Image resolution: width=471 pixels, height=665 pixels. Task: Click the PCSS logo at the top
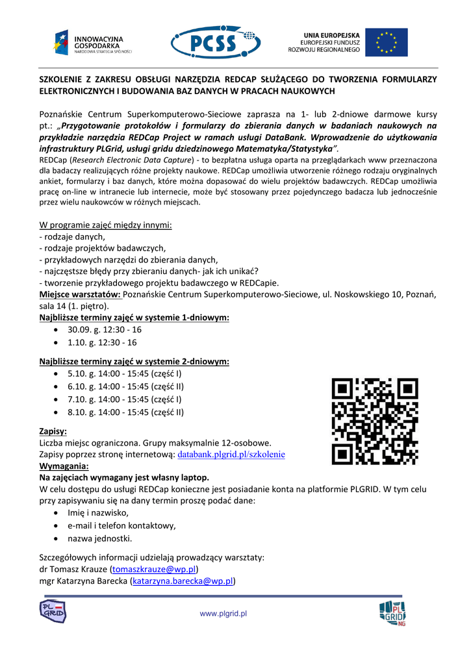click(x=216, y=42)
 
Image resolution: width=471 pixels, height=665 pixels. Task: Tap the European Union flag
click(x=386, y=42)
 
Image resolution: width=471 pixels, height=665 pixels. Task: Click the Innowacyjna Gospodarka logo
click(x=92, y=43)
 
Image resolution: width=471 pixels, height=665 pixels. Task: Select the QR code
click(x=374, y=422)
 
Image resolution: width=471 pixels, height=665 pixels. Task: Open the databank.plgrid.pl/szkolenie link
click(x=231, y=455)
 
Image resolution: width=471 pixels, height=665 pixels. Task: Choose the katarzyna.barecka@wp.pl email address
click(x=183, y=581)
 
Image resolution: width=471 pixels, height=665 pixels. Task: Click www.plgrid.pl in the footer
click(x=223, y=614)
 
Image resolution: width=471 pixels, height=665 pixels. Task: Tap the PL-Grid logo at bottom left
click(x=53, y=611)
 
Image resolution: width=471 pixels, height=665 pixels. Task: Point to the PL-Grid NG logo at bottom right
click(x=392, y=613)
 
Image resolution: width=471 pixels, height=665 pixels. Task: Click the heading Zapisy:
click(x=53, y=431)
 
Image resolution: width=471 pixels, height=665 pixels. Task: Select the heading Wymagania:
click(x=64, y=466)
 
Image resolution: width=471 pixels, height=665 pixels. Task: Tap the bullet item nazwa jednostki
click(x=99, y=538)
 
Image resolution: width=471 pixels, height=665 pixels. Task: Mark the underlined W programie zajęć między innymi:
click(x=105, y=225)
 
